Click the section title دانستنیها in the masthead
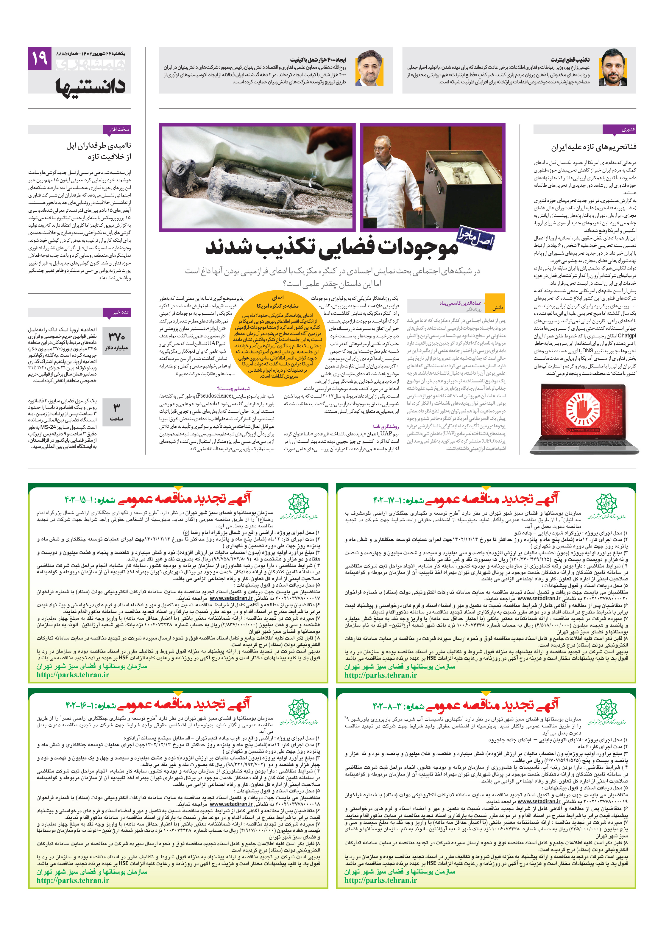pyautogui.click(x=91, y=85)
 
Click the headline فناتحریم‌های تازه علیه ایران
pyautogui.click(x=593, y=147)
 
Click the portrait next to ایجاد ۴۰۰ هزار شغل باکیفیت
pyautogui.click(x=370, y=68)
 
